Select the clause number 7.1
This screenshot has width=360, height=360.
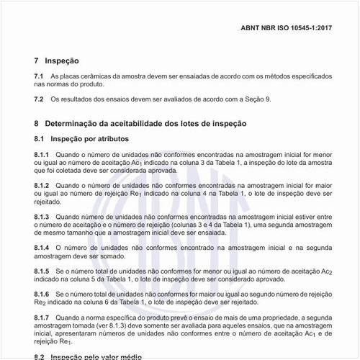click(39, 76)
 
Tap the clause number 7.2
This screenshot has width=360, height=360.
click(39, 99)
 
